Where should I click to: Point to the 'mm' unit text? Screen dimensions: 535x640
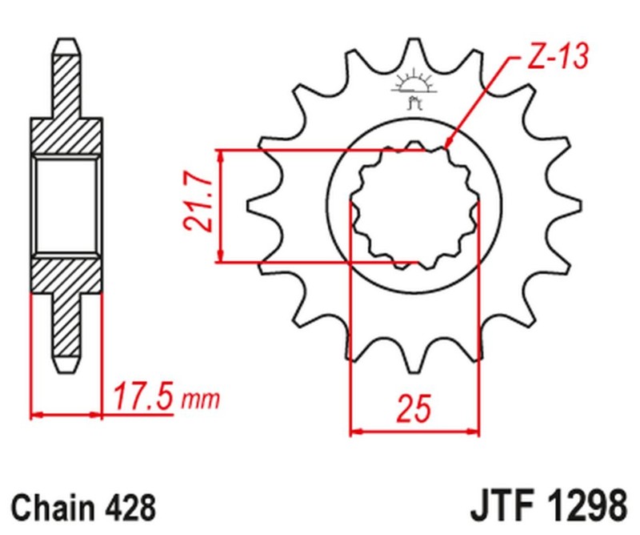(x=200, y=399)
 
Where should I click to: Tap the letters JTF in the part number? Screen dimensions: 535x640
(x=500, y=508)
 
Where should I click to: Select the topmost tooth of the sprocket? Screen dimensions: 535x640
(x=413, y=44)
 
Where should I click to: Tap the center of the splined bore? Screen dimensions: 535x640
(x=414, y=206)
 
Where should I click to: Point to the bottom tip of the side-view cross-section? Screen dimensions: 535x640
(x=67, y=370)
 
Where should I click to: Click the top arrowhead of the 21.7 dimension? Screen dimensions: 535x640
(x=222, y=155)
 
